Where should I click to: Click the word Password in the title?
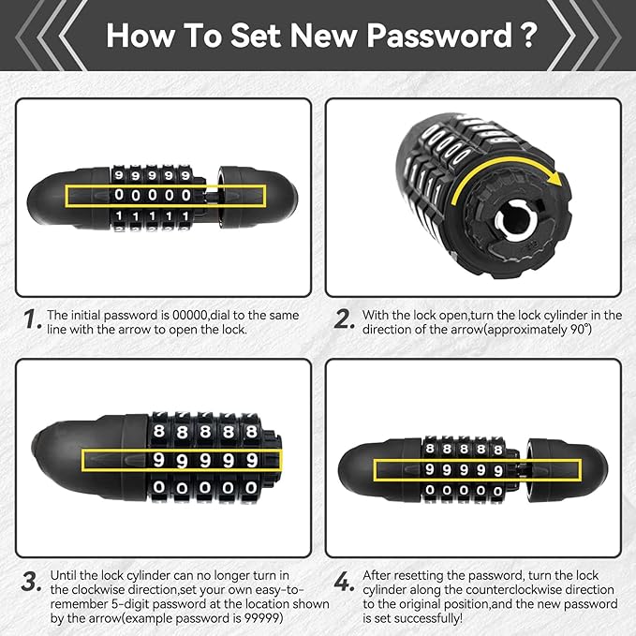coord(440,36)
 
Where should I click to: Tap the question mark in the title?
coord(528,36)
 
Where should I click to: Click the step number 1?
coord(33,318)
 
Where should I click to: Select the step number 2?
coord(344,318)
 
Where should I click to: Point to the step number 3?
coord(32,582)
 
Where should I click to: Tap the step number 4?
coord(343,582)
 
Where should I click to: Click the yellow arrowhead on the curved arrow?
coord(555,178)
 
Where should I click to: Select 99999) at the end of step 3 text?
coord(263,618)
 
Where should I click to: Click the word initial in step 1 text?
coord(86,315)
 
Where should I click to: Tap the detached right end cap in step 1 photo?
coord(258,197)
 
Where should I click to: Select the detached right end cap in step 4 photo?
coord(567,470)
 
